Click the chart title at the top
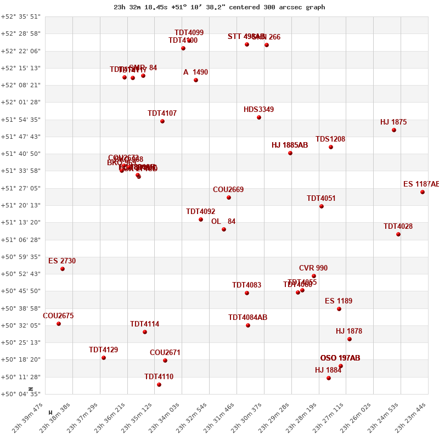219,7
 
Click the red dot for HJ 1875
394,130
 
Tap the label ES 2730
62,261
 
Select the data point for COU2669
229,198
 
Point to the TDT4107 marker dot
162,121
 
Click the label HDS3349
258,110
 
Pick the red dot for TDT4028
398,234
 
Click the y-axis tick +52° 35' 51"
21,16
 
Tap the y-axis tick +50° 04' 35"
21,394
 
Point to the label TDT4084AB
247,318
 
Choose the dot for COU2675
59,324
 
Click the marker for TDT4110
159,385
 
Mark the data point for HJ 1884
329,378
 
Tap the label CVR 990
313,268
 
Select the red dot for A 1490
196,80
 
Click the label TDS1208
330,139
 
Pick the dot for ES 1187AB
423,192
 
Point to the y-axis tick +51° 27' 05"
21,188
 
